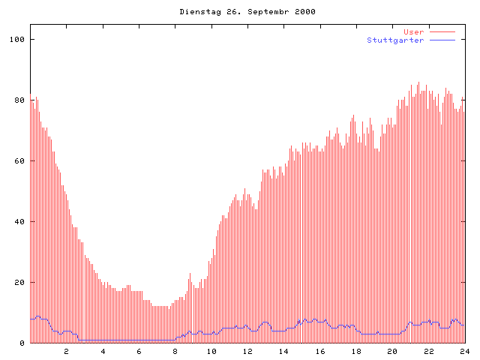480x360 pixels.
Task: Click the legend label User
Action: [x=413, y=32]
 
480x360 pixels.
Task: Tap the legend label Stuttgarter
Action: [x=395, y=40]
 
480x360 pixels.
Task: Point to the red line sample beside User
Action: [x=442, y=32]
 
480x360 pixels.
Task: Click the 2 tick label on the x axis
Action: [x=66, y=352]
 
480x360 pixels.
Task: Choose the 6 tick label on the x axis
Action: [x=139, y=352]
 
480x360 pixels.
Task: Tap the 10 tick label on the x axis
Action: [x=211, y=352]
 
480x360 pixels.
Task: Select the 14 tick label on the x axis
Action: [x=283, y=352]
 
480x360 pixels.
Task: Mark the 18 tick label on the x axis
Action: [x=356, y=352]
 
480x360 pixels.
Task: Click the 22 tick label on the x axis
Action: [x=429, y=352]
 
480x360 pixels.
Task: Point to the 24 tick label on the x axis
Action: [x=464, y=352]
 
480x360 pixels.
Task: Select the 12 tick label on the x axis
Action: [x=247, y=352]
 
